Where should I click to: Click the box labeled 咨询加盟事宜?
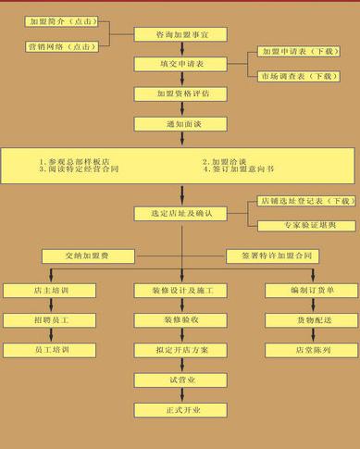tap(180, 34)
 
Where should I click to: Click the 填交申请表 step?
tap(180, 64)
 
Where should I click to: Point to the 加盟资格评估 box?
tap(180, 94)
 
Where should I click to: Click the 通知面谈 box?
tap(180, 123)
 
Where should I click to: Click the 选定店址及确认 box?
tap(180, 214)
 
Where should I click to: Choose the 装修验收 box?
tap(180, 320)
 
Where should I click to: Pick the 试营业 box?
tap(180, 380)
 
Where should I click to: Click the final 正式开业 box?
tap(180, 409)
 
